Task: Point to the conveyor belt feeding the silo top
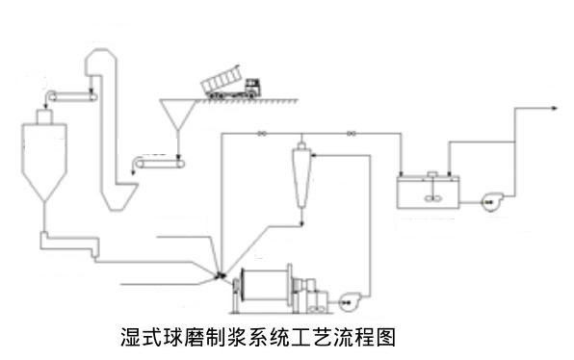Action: pos(71,93)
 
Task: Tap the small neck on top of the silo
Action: pos(41,116)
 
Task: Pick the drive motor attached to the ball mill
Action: pos(312,292)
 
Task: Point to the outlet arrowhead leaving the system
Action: pos(557,109)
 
